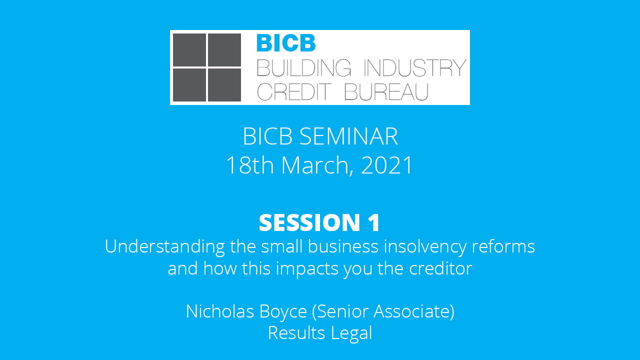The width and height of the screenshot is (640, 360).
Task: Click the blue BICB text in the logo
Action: pos(286,43)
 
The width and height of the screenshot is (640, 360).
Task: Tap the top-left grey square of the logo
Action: pos(189,49)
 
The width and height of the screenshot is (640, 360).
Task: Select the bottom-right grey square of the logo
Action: pos(224,85)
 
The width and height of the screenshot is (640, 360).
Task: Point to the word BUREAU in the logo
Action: pos(386,91)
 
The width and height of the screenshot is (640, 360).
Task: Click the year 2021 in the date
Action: pos(387,165)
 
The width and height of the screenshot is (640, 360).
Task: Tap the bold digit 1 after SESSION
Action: pos(374,223)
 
